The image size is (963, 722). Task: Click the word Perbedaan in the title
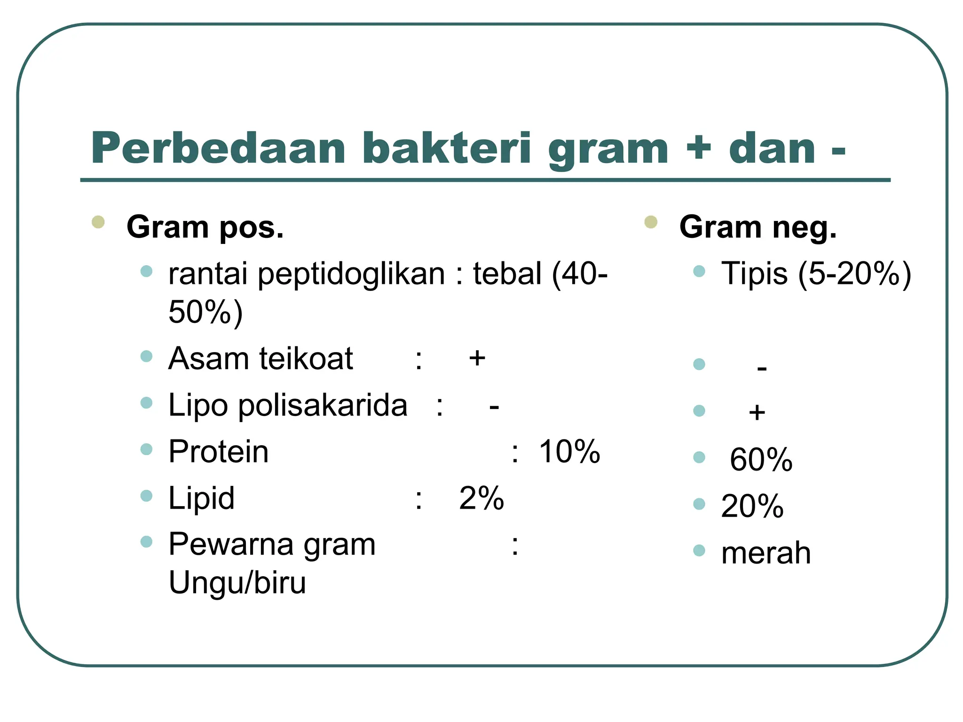point(218,149)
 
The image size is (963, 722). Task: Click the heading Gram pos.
point(205,228)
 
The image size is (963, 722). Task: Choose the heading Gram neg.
point(758,228)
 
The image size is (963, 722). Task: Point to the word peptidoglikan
point(351,275)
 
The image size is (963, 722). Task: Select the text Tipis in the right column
point(754,274)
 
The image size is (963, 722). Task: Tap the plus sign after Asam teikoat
point(477,359)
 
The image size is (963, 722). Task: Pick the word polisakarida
point(323,405)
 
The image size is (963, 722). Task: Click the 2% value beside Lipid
point(481,498)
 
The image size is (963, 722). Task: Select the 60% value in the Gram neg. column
point(761,460)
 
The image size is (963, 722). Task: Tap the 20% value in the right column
point(752,507)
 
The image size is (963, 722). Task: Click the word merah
point(766,553)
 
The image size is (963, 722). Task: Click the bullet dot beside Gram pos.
point(98,222)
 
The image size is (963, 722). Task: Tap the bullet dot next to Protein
point(147,449)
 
